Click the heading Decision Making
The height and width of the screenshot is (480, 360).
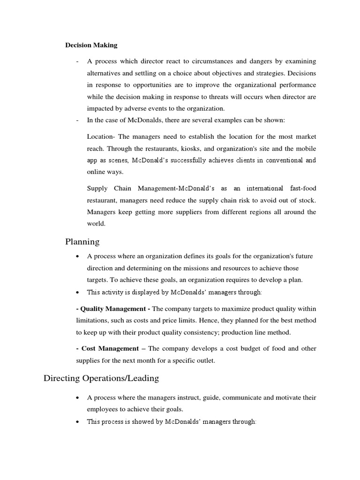[x=91, y=45]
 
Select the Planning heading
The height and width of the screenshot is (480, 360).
[x=82, y=242]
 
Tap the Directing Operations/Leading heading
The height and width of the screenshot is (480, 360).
[x=101, y=378]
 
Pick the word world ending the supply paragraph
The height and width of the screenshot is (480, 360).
[x=96, y=224]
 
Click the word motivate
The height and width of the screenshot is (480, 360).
[x=287, y=397]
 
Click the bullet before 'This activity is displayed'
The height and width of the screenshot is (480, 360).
[x=77, y=292]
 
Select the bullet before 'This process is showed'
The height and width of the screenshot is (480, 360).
[x=77, y=421]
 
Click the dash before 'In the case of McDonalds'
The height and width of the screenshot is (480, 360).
[x=76, y=120]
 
